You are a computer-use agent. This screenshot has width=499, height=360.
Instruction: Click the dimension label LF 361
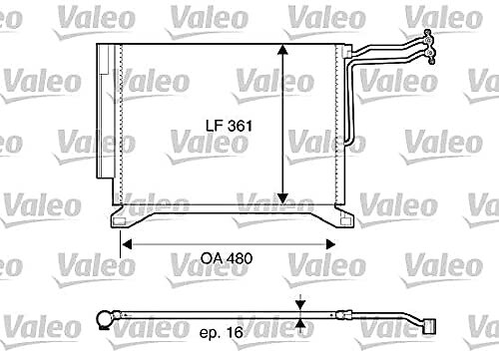(x=229, y=126)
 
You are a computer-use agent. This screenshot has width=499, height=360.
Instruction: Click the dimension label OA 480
(x=227, y=258)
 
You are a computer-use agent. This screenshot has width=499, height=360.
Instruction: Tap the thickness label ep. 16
(x=222, y=332)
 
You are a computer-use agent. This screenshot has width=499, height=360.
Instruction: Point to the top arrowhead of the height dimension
(x=282, y=50)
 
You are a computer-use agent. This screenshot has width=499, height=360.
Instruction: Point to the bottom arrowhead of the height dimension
(x=282, y=198)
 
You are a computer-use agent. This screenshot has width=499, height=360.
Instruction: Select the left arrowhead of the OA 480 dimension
(x=127, y=245)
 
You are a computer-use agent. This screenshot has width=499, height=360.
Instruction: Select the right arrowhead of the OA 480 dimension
(x=330, y=245)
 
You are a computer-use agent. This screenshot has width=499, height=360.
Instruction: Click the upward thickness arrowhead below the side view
(x=300, y=323)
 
